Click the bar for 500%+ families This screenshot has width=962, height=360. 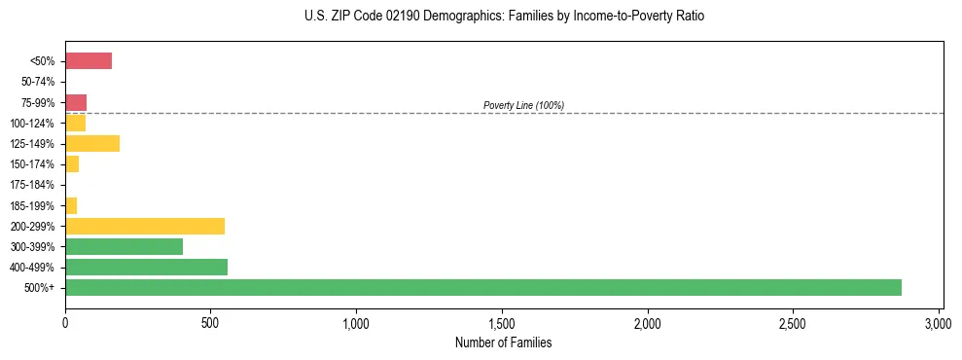(483, 287)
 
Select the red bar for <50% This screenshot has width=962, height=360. (89, 61)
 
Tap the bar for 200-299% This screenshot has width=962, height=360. (145, 226)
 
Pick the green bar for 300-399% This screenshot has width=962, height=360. (125, 246)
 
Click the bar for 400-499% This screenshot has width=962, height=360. (146, 267)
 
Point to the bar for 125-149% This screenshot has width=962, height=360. (92, 144)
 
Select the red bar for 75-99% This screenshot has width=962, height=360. (76, 102)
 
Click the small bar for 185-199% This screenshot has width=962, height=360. (71, 205)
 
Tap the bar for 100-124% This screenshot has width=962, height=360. (76, 123)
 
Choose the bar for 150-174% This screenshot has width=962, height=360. (72, 164)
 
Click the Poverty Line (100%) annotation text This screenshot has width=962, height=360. (523, 105)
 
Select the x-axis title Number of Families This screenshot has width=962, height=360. (504, 342)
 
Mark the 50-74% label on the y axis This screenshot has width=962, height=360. (39, 82)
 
